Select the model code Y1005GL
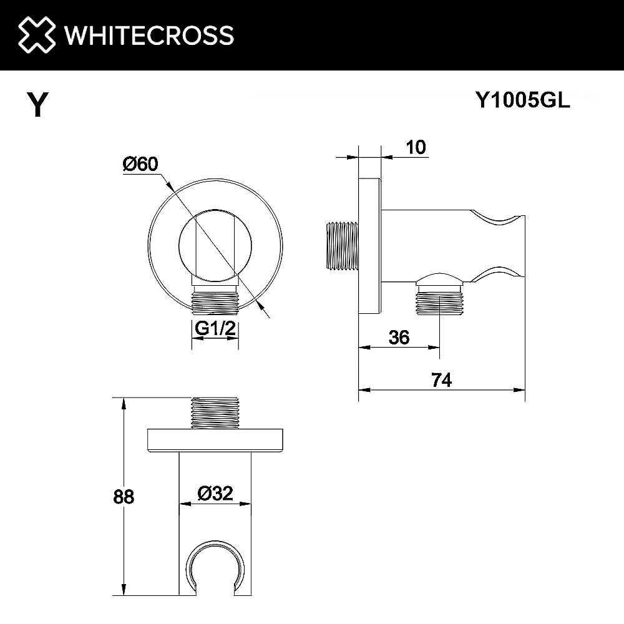point(523,99)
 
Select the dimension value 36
point(399,338)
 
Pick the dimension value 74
point(441,379)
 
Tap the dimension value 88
point(124,497)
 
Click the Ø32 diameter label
point(215,494)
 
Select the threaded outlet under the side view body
point(440,302)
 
